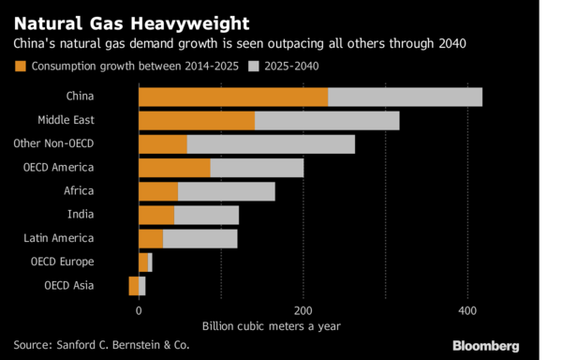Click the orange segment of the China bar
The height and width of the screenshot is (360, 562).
pyautogui.click(x=233, y=97)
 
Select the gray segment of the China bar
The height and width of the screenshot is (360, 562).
pyautogui.click(x=405, y=97)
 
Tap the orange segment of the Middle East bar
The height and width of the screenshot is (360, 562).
pyautogui.click(x=197, y=121)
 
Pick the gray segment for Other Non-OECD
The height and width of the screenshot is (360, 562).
pyautogui.click(x=271, y=144)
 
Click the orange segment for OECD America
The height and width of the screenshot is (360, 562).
pyautogui.click(x=174, y=168)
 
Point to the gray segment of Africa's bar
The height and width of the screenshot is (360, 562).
pyautogui.click(x=227, y=192)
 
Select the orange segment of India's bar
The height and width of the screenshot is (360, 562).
pyautogui.click(x=156, y=216)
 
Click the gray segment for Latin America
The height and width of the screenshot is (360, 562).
pyautogui.click(x=200, y=239)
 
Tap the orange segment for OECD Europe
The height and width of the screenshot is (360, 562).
pyautogui.click(x=143, y=262)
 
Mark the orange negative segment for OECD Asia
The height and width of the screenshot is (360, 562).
pyautogui.click(x=134, y=286)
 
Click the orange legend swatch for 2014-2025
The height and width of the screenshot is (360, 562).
pyautogui.click(x=21, y=67)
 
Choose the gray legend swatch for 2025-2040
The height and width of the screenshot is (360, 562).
pyautogui.click(x=254, y=67)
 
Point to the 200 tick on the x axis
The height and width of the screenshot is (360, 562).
pyautogui.click(x=303, y=310)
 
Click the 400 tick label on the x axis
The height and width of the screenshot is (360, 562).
pyautogui.click(x=467, y=310)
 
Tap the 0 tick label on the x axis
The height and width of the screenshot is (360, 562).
pyautogui.click(x=139, y=310)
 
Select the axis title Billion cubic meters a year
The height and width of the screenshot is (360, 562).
pyautogui.click(x=272, y=326)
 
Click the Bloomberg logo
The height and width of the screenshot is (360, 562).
pyautogui.click(x=485, y=346)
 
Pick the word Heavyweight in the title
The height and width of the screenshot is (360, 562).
pyautogui.click(x=190, y=24)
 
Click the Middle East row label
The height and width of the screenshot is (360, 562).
pyautogui.click(x=66, y=120)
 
